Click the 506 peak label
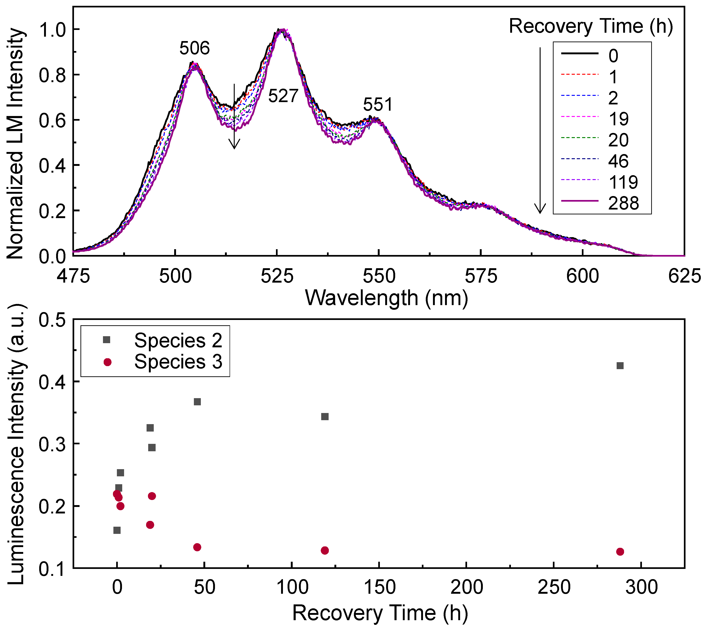click(195, 48)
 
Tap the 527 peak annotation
click(283, 96)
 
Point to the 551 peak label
click(378, 104)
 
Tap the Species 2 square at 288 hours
click(620, 366)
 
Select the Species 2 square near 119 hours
click(325, 416)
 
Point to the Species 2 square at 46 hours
click(197, 402)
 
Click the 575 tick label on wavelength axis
click(481, 276)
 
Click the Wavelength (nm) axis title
click(386, 298)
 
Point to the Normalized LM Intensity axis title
click(16, 143)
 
